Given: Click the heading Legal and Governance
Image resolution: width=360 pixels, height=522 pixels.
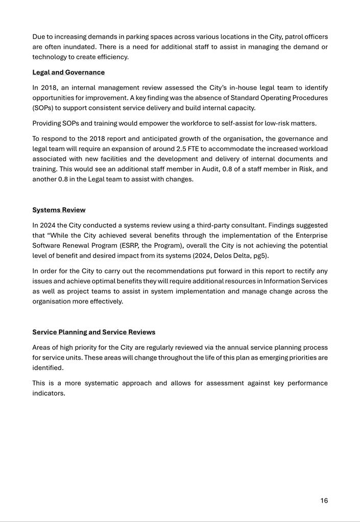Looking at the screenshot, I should (x=68, y=73).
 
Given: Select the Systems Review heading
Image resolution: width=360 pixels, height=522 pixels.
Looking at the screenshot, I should (x=59, y=210).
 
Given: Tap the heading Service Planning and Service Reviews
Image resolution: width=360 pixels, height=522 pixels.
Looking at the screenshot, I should (x=93, y=332).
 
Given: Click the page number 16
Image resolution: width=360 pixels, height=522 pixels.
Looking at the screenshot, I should (x=324, y=501).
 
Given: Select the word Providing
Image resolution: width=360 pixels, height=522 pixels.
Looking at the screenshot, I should (x=48, y=123).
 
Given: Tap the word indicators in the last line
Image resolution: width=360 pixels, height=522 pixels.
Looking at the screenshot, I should (x=49, y=393).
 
